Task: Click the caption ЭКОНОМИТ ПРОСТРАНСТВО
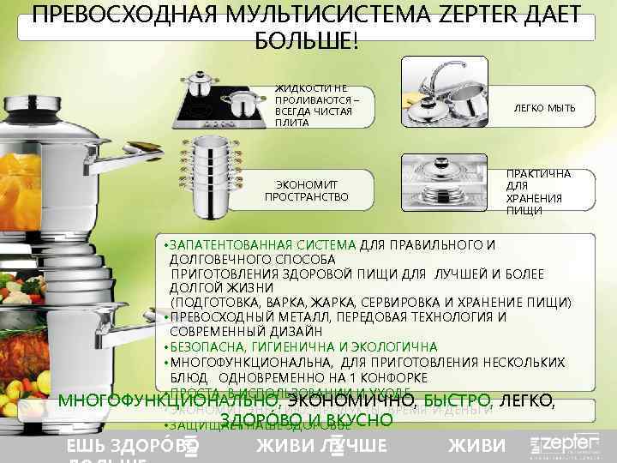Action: click(x=306, y=190)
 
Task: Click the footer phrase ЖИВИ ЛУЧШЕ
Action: click(x=321, y=446)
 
